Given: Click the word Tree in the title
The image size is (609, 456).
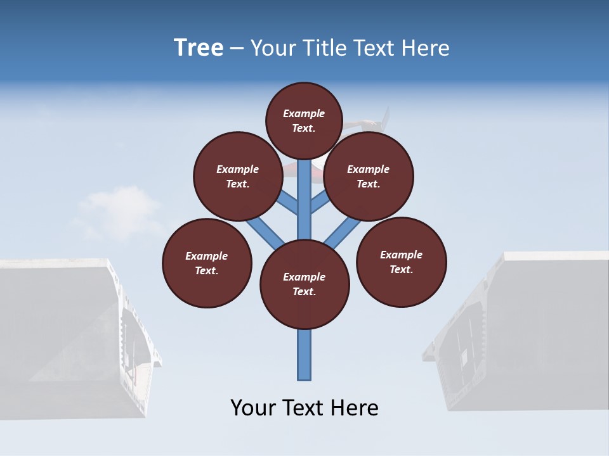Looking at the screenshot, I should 199,47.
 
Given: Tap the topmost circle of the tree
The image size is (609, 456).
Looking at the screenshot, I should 304,120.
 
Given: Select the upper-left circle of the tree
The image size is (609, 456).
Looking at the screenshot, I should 237,176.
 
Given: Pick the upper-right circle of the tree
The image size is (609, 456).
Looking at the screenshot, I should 368,176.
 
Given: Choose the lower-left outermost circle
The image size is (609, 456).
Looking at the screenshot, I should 207,263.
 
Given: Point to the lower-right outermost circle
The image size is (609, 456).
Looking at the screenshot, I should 401,262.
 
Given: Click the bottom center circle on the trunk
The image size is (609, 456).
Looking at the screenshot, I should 304,284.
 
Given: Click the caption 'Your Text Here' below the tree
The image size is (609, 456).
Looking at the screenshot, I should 304,408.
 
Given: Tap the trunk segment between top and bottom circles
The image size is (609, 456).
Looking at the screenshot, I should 304,203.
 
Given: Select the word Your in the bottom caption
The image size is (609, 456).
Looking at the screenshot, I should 252,408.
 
